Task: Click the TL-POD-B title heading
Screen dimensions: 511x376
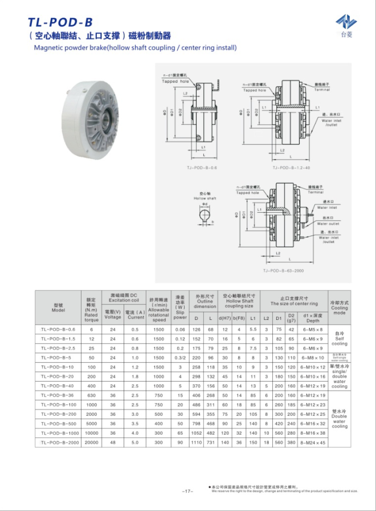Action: point(60,22)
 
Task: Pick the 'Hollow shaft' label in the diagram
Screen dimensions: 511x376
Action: point(205,198)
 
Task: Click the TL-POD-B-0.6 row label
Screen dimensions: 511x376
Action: point(58,330)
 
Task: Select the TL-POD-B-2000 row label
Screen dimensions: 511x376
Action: point(58,443)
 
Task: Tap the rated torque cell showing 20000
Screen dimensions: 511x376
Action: point(91,443)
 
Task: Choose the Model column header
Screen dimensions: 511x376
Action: point(58,308)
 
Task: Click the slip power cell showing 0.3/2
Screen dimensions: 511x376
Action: point(180,358)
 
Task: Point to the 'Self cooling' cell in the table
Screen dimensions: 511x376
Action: point(339,339)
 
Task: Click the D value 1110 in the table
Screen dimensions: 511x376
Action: point(197,443)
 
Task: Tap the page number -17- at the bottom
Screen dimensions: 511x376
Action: point(188,491)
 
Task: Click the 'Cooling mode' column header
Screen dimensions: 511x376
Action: point(339,308)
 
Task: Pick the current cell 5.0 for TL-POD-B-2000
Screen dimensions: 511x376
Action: point(136,443)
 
